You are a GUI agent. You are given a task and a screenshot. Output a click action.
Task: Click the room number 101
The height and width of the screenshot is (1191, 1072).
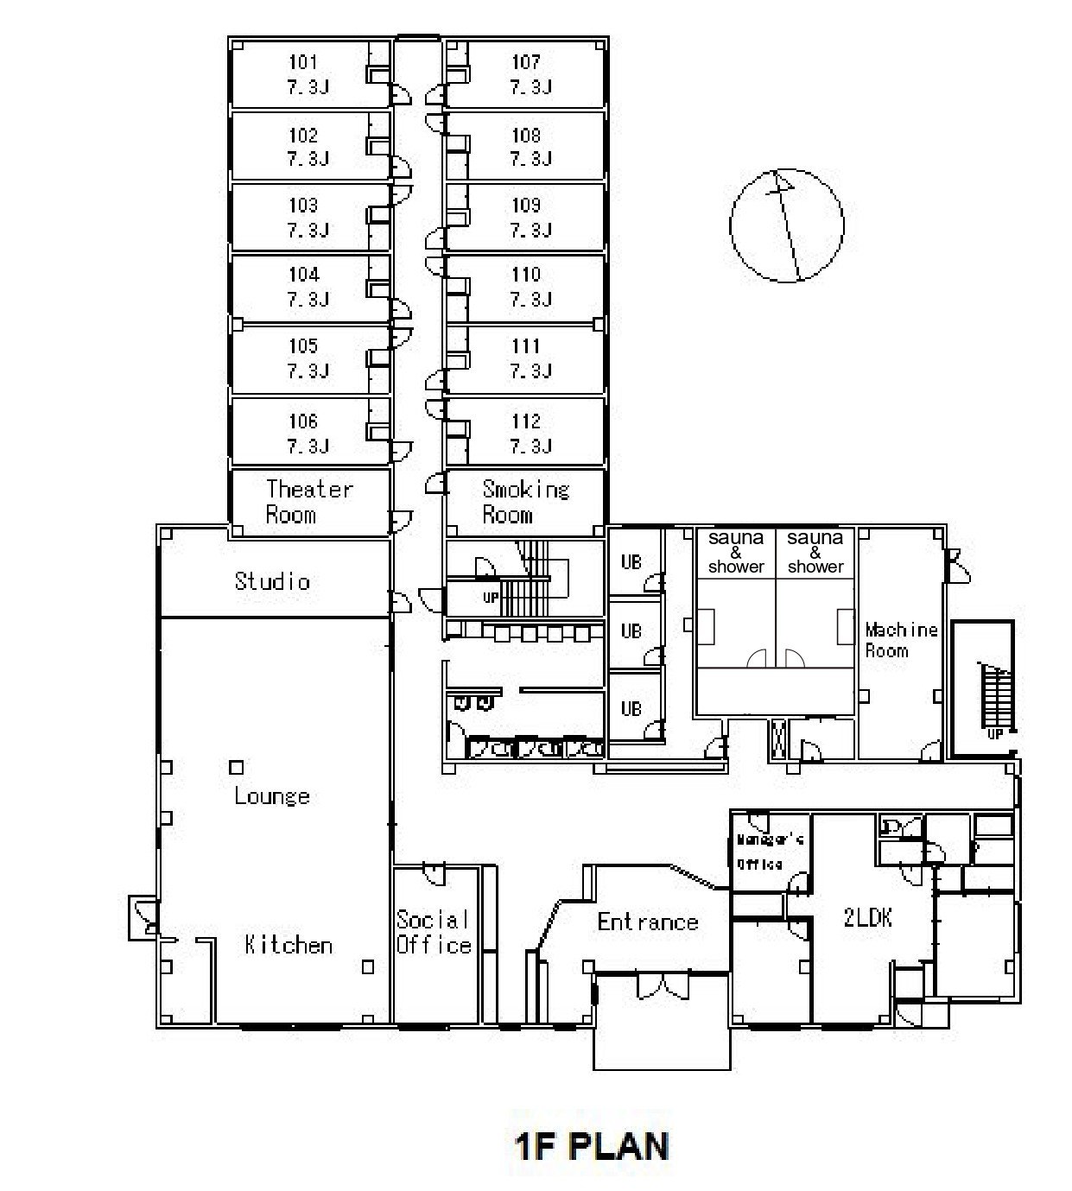(303, 61)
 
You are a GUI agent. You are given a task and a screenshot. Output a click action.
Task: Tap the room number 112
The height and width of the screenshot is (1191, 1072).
(526, 421)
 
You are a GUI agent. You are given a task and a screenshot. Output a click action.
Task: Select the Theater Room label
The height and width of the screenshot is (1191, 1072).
(309, 502)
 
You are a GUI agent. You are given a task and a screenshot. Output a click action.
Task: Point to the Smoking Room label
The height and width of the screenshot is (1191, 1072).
(525, 502)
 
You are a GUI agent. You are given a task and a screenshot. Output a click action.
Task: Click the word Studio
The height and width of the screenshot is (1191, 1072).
(272, 580)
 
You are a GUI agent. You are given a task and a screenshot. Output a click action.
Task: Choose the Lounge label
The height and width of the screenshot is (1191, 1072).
(272, 796)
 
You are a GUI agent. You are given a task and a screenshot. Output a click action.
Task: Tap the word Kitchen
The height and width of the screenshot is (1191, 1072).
(289, 945)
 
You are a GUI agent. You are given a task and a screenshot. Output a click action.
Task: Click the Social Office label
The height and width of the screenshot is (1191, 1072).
(434, 932)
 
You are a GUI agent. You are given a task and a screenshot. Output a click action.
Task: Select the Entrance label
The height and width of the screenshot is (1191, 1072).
(648, 922)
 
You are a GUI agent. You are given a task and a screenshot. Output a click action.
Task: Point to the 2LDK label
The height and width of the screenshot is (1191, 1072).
(867, 918)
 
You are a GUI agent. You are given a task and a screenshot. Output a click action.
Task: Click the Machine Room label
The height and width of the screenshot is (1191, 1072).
(901, 640)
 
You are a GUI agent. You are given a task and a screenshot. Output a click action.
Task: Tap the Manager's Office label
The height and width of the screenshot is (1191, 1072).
(770, 852)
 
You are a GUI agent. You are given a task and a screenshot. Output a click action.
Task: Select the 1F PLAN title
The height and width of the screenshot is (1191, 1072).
(592, 1146)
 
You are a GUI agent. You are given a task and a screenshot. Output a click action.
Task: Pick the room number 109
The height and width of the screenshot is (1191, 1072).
(526, 205)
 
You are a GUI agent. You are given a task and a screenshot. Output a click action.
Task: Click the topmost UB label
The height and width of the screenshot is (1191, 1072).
(631, 561)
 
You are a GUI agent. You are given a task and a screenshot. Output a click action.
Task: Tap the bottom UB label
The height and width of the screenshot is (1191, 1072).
(631, 708)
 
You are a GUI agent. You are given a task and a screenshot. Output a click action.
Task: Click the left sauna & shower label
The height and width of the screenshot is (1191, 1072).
(736, 552)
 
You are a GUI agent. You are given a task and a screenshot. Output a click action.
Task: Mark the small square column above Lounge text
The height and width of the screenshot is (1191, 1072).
(237, 768)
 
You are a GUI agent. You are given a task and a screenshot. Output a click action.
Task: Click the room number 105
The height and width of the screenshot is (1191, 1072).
(303, 345)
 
